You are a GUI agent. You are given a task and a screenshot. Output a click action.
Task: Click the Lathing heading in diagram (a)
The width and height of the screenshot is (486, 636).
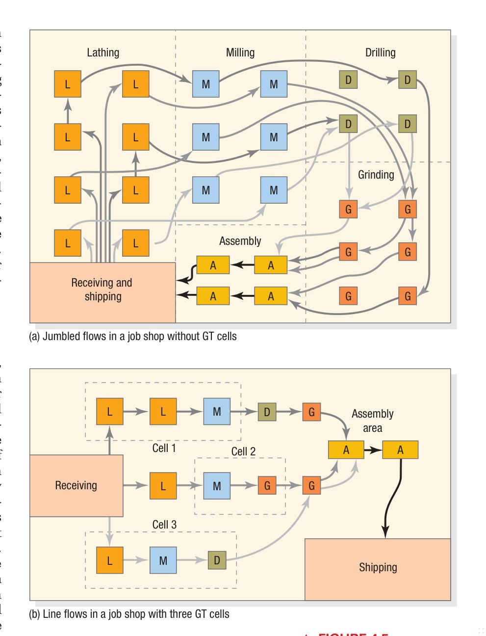[x=103, y=53]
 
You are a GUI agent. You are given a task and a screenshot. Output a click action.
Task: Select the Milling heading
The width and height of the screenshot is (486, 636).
[x=240, y=53]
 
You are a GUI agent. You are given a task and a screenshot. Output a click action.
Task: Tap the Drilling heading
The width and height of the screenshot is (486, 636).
[x=380, y=53]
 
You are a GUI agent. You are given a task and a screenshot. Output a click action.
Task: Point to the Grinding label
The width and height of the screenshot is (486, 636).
[x=376, y=175]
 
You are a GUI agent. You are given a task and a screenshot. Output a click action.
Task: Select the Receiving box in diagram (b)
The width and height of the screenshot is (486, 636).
[x=76, y=485]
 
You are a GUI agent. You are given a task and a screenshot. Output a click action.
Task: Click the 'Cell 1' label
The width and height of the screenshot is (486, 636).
[x=164, y=448]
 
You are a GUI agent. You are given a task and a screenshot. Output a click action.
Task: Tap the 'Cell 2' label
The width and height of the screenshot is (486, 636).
[x=243, y=451]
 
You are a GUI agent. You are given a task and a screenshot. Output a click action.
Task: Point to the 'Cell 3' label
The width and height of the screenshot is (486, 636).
[x=164, y=525]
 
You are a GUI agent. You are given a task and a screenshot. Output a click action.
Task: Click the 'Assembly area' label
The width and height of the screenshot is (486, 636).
[x=372, y=421]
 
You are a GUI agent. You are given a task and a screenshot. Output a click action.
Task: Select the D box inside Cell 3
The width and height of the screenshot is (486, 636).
[x=217, y=560]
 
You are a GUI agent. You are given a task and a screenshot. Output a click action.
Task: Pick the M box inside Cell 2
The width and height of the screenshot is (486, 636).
[x=217, y=486]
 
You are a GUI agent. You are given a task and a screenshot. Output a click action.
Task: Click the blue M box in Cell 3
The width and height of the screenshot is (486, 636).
[x=163, y=560]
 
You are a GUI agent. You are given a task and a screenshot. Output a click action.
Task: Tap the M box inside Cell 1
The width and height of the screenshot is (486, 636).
[x=217, y=412]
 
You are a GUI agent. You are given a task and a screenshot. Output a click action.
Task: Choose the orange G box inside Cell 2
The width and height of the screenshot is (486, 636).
[x=267, y=486]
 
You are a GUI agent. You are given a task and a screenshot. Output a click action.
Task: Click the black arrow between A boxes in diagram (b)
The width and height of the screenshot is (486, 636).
[x=373, y=450]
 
